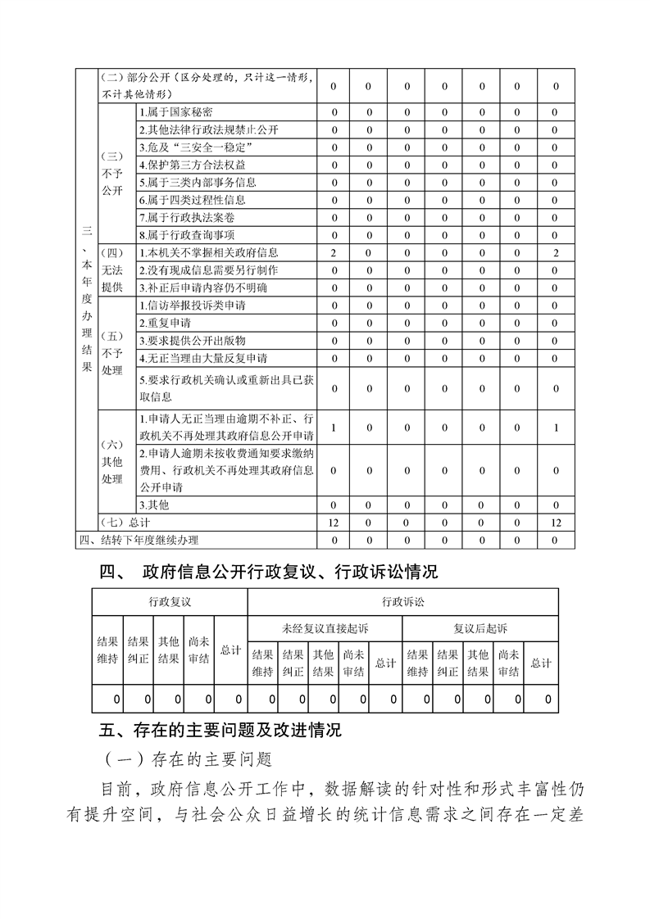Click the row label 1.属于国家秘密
176,112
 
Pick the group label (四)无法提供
111,269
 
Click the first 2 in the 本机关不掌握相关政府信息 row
334,252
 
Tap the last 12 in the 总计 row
556,522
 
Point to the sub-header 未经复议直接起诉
325,628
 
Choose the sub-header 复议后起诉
480,628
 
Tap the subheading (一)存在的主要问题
189,758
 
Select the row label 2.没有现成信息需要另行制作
208,269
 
